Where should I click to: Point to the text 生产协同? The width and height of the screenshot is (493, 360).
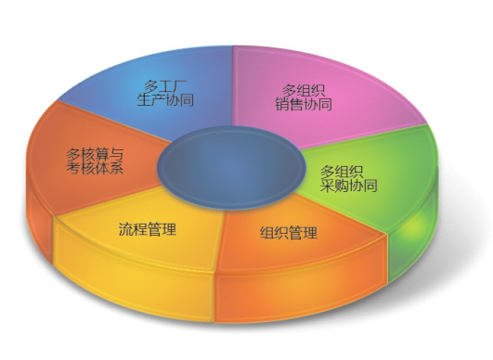pyautogui.click(x=164, y=100)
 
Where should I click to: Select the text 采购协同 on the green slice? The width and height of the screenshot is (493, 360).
pyautogui.click(x=348, y=186)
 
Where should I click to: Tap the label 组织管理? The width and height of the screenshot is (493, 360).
pyautogui.click(x=289, y=233)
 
